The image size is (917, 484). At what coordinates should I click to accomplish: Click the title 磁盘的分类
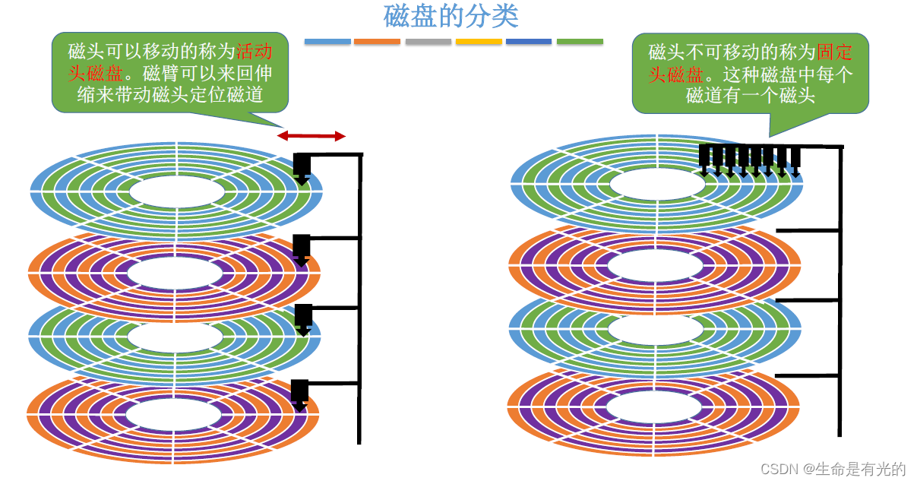pyautogui.click(x=451, y=16)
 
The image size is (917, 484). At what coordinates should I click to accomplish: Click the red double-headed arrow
pyautogui.click(x=311, y=136)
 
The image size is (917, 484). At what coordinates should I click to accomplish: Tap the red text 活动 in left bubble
pyautogui.click(x=252, y=52)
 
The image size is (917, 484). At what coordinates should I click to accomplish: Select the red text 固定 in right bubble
pyautogui.click(x=834, y=52)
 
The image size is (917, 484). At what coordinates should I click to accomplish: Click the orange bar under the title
pyautogui.click(x=377, y=41)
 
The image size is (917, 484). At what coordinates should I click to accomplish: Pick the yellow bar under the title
pyautogui.click(x=479, y=41)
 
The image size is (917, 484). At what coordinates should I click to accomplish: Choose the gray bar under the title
pyautogui.click(x=428, y=41)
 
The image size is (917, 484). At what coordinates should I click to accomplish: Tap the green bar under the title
pyautogui.click(x=580, y=41)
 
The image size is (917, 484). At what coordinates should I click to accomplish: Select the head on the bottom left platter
pyautogui.click(x=299, y=393)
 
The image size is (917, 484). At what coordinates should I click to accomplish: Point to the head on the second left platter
pyautogui.click(x=301, y=248)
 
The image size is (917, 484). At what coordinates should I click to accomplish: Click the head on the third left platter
pyautogui.click(x=303, y=318)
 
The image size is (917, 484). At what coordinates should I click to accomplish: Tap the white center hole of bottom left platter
pyautogui.click(x=173, y=415)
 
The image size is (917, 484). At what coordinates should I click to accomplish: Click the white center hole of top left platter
pyautogui.click(x=176, y=191)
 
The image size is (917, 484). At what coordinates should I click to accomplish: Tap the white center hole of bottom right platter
pyautogui.click(x=653, y=406)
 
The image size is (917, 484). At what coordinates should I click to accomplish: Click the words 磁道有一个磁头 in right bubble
pyautogui.click(x=750, y=96)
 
